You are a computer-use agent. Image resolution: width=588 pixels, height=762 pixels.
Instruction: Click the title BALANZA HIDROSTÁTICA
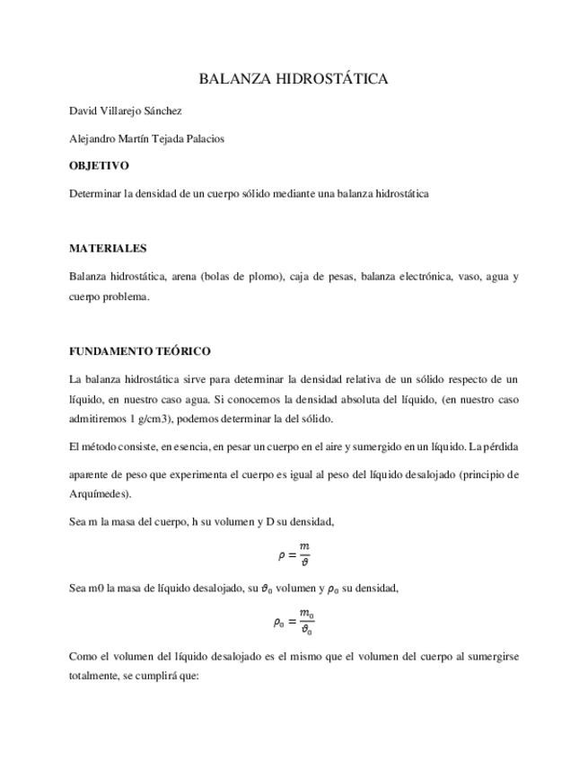[x=294, y=79]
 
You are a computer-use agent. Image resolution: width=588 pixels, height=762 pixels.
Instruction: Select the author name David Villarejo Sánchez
[x=126, y=111]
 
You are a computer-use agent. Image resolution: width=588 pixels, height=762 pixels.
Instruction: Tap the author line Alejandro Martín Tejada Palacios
[x=146, y=138]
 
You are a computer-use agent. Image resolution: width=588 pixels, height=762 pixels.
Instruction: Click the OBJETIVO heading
[x=99, y=165]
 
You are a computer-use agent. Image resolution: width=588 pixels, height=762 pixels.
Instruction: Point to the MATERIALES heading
[x=108, y=248]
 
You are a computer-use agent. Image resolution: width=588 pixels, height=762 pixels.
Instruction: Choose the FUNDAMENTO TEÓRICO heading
[x=139, y=351]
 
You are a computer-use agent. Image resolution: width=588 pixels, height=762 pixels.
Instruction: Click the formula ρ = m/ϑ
[x=294, y=554]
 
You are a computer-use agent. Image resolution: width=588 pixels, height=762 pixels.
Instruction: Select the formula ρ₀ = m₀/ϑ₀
[x=294, y=622]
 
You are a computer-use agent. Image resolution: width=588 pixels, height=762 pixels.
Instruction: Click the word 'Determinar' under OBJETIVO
[x=95, y=193]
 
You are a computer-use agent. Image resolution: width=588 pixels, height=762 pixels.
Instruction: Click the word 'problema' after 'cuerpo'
[x=127, y=297]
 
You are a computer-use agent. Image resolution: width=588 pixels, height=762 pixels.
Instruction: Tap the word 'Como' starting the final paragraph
[x=82, y=656]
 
